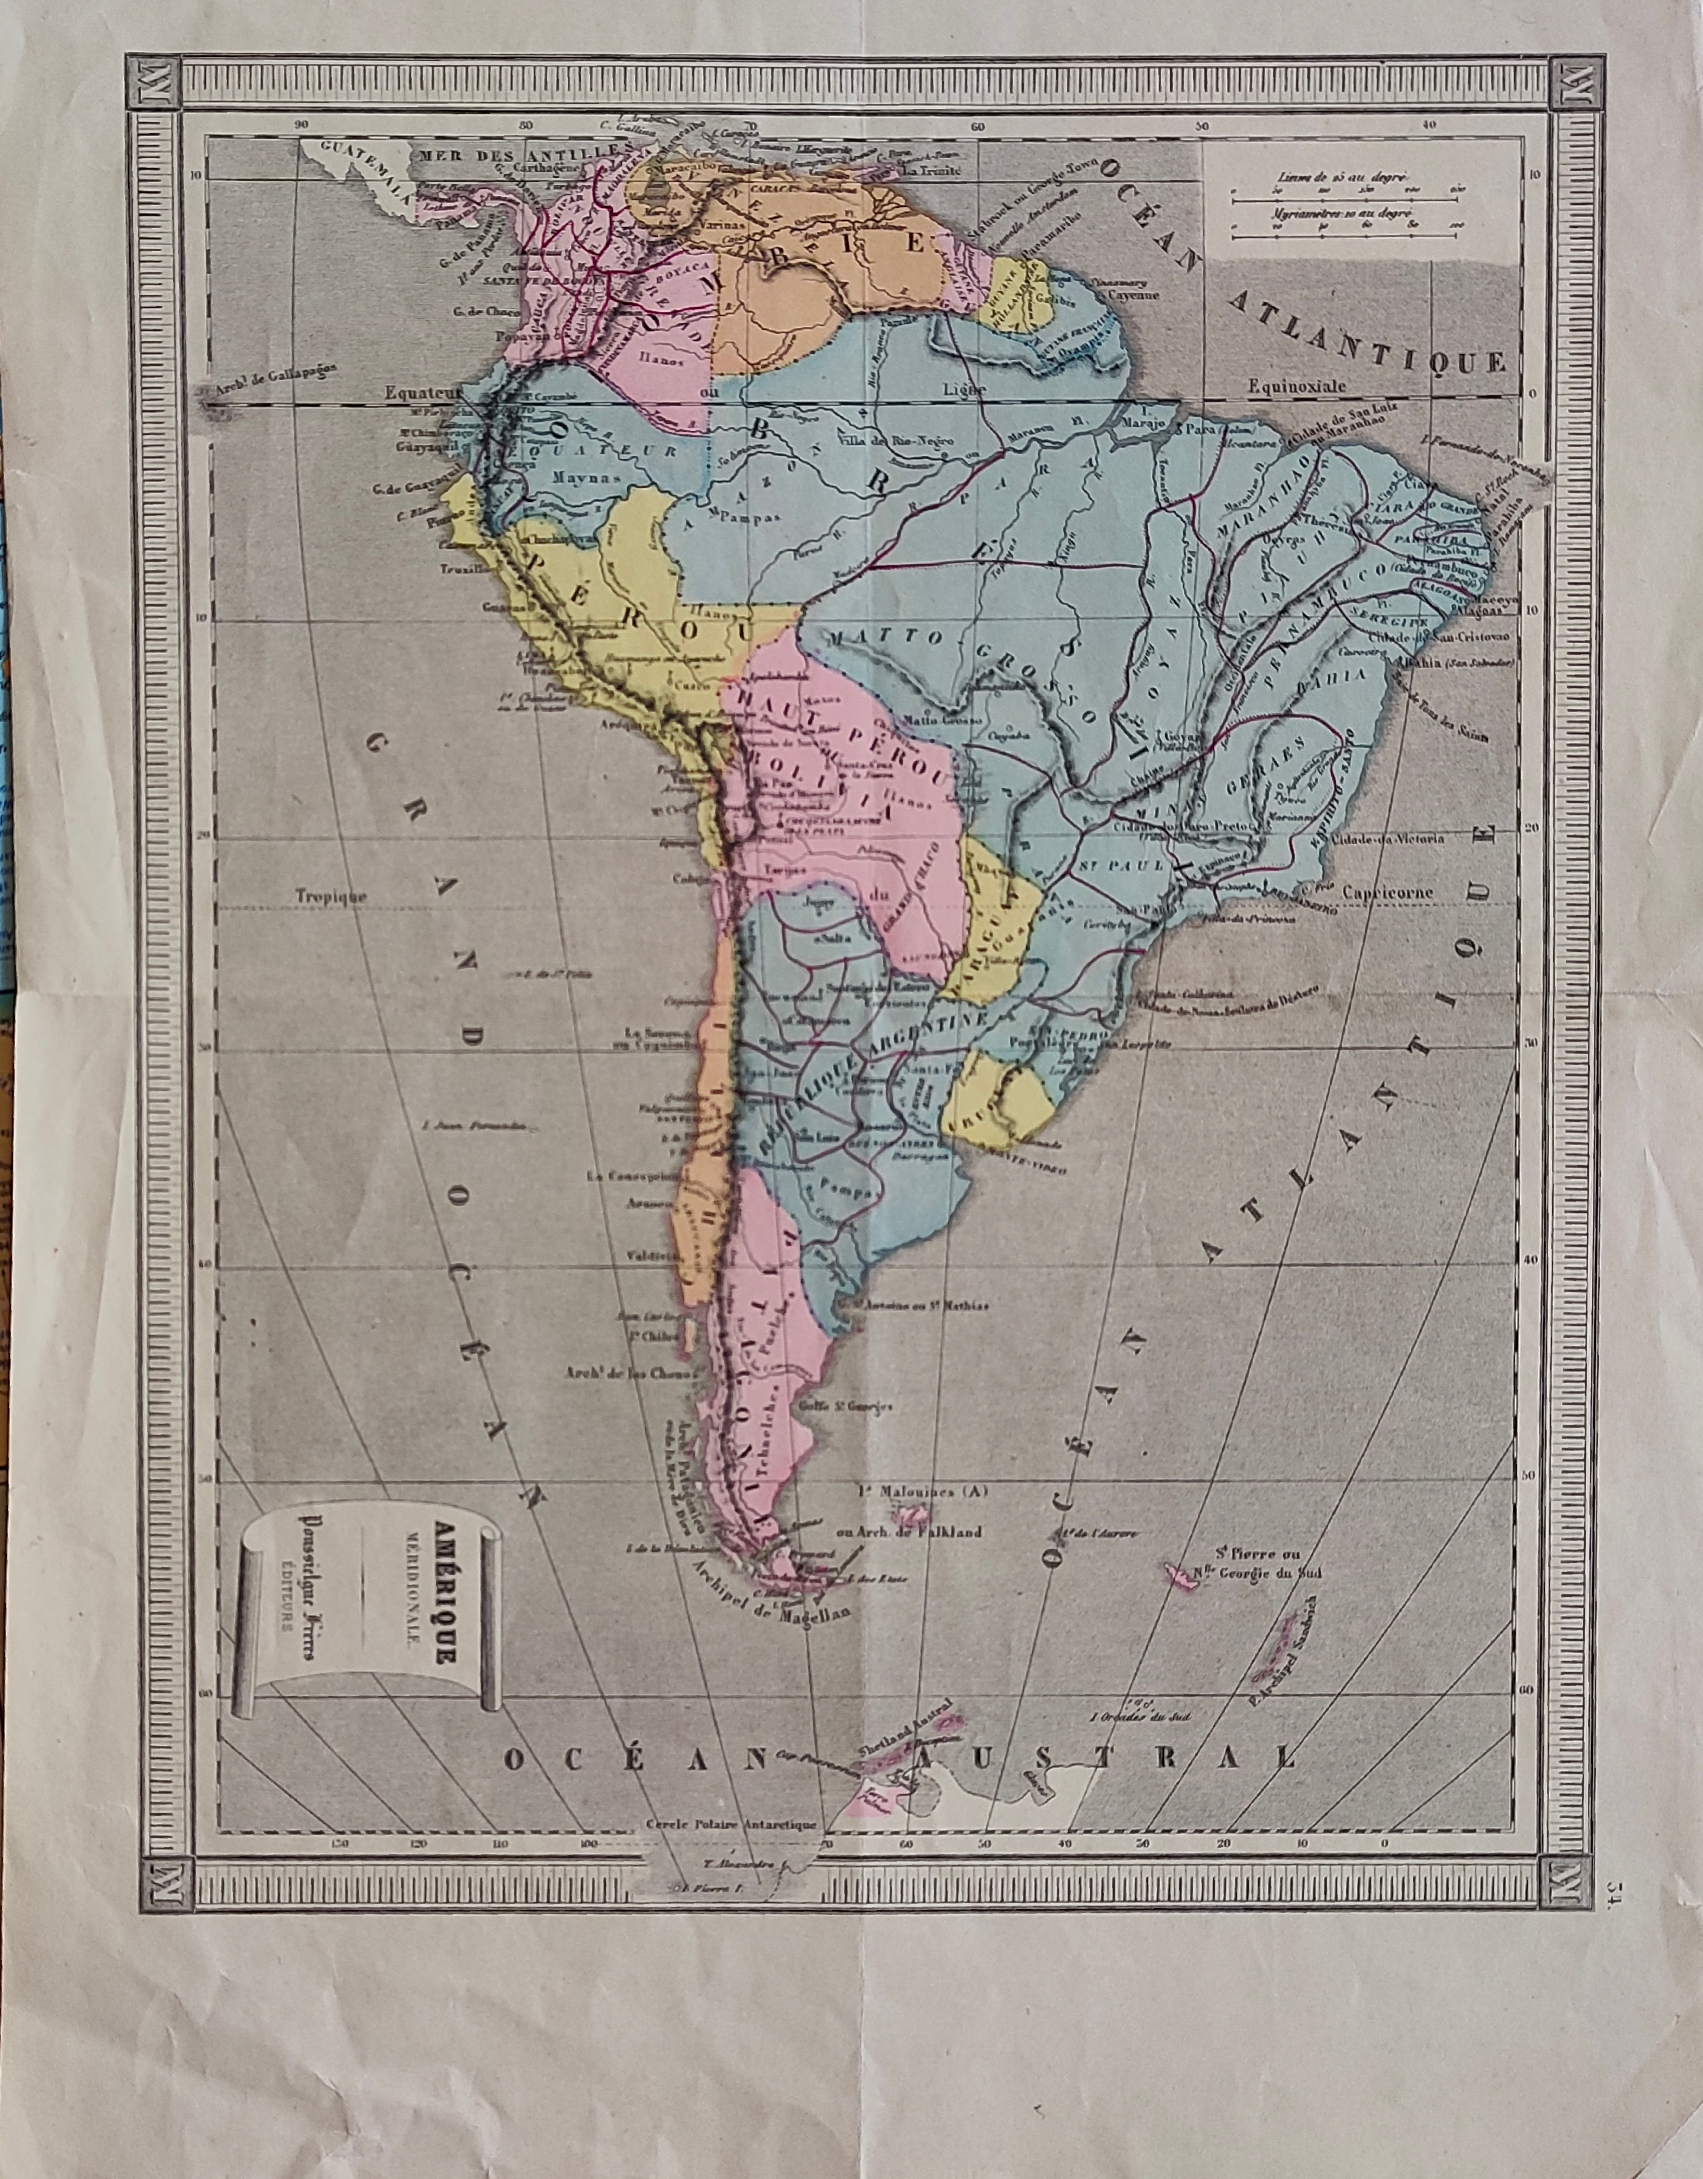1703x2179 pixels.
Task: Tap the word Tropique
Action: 331,896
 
